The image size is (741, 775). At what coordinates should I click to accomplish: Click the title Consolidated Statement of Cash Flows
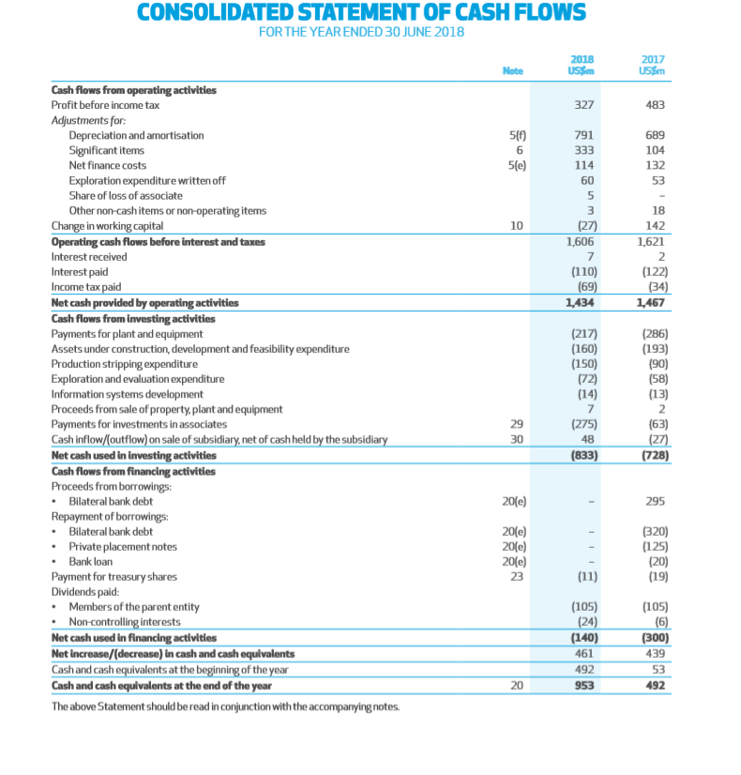pos(361,13)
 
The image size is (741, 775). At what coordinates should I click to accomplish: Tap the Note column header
pos(512,70)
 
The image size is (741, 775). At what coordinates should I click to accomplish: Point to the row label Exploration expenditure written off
pos(147,181)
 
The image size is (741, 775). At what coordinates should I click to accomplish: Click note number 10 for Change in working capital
pos(513,226)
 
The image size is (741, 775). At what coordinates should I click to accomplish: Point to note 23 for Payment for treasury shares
pos(513,576)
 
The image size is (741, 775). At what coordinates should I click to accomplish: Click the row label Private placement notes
pos(123,546)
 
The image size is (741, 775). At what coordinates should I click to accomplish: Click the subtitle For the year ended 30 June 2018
pos(361,34)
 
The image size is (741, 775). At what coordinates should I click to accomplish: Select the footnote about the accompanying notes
pos(225,706)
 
